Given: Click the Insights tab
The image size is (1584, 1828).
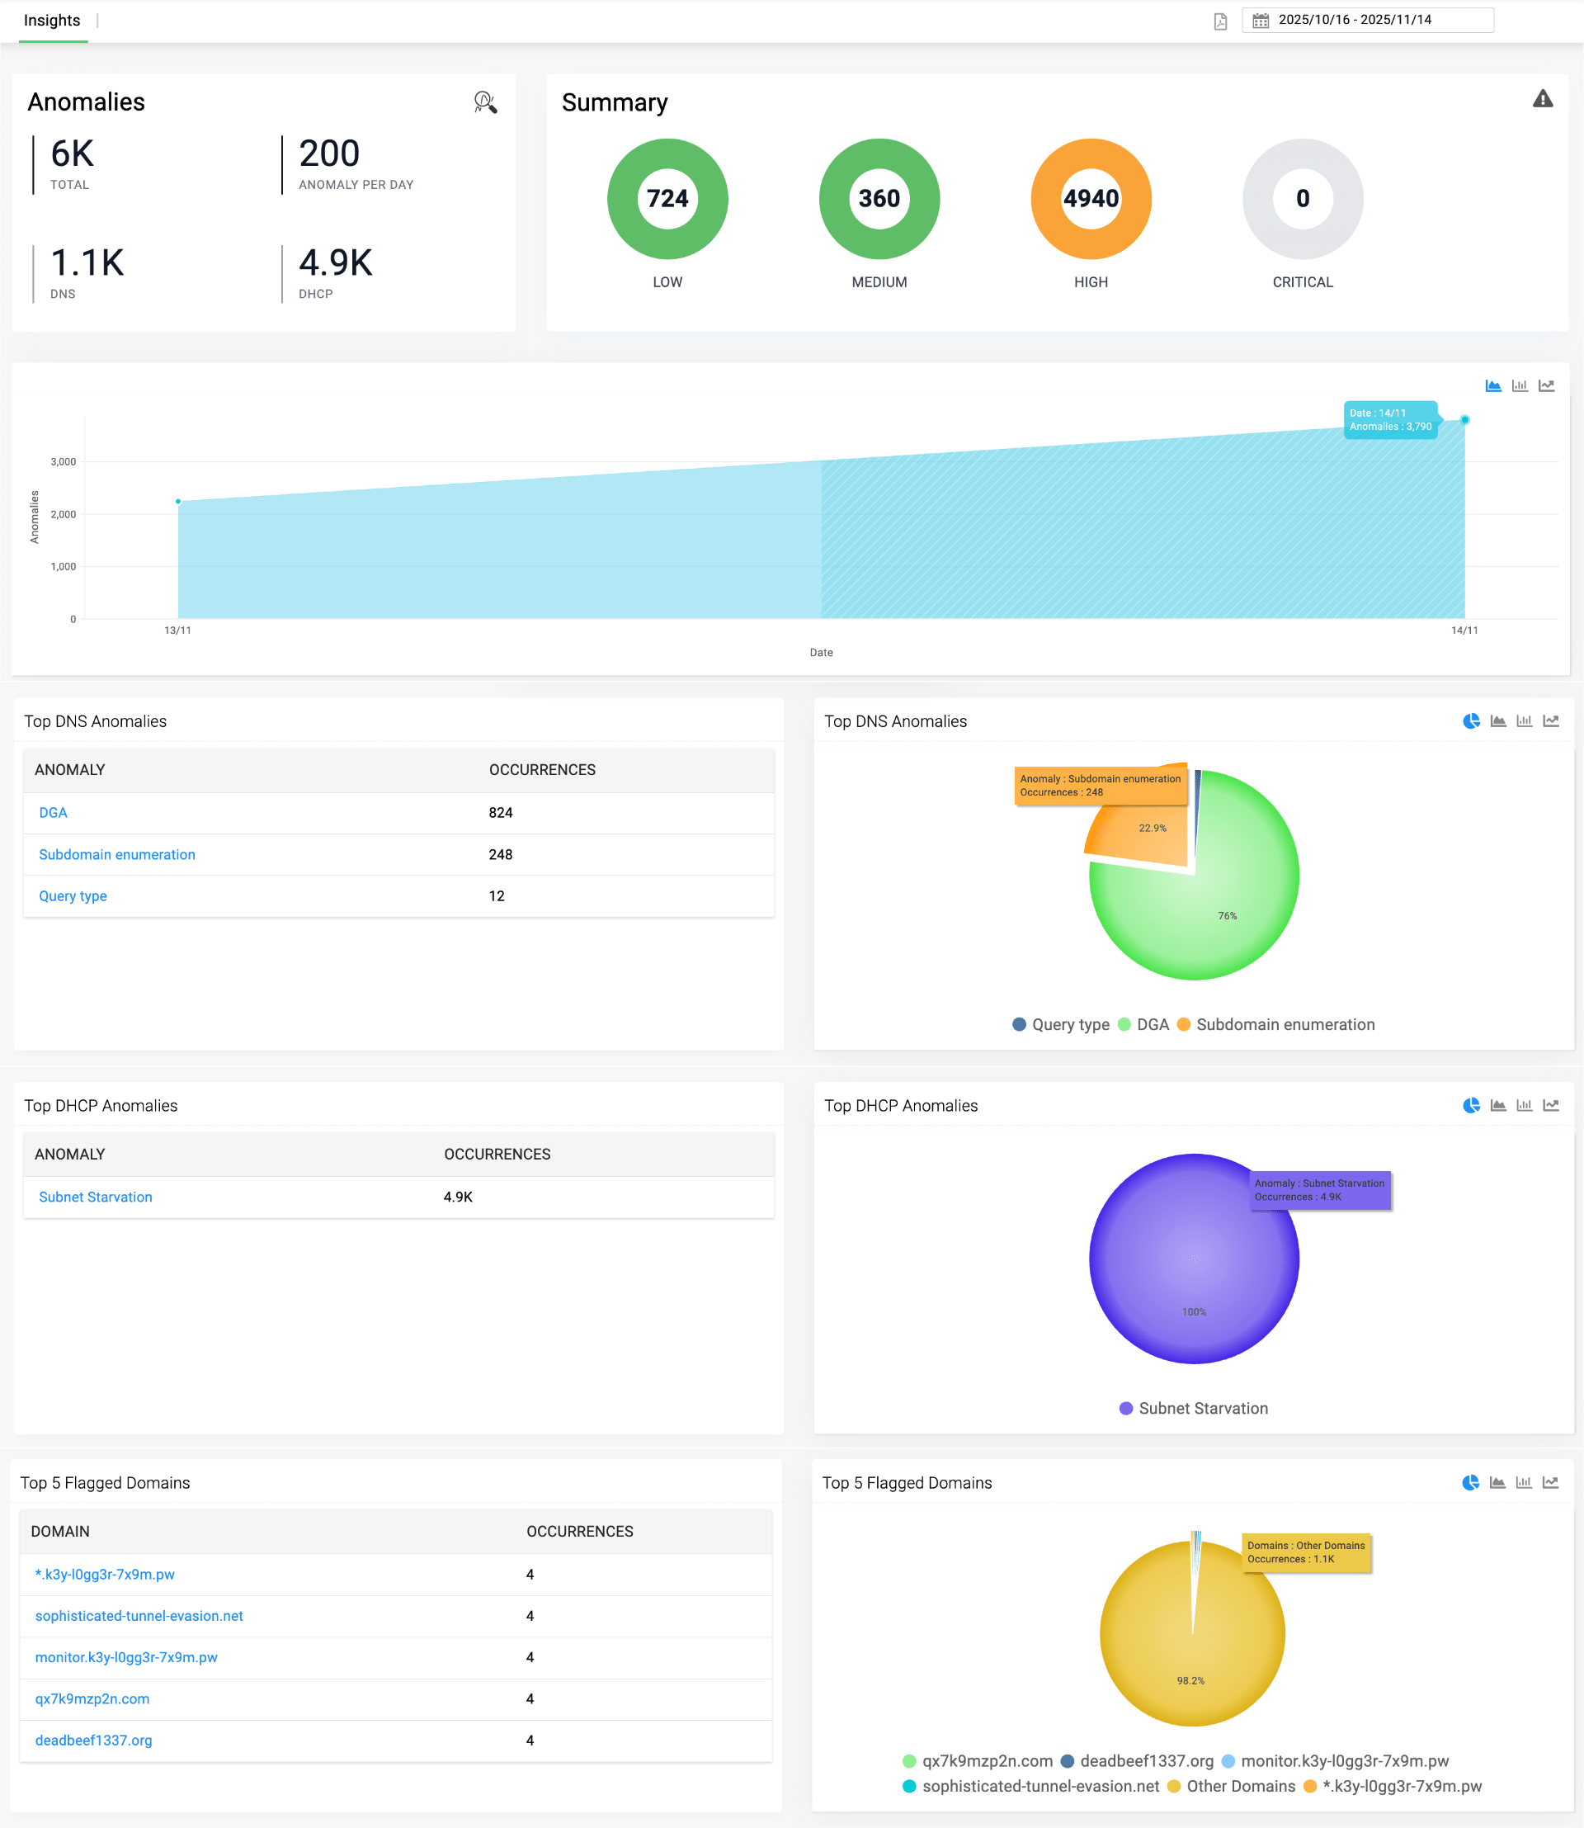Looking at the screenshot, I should tap(52, 21).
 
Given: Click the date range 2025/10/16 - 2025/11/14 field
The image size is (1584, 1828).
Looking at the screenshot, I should tap(1366, 21).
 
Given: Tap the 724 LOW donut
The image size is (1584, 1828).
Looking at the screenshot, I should tap(667, 199).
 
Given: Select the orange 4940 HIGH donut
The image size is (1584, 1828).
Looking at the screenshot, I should tap(1091, 199).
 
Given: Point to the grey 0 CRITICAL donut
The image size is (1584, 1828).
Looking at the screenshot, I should tap(1302, 199).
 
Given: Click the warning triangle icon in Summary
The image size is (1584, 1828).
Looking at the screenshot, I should tap(1543, 99).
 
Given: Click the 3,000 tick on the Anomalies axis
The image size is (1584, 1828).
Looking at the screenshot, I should tap(64, 461).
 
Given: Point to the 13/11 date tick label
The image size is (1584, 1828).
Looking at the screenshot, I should tap(177, 631).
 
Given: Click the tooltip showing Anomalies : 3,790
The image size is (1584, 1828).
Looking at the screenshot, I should tap(1389, 420).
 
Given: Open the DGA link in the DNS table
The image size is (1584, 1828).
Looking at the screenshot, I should tap(53, 813).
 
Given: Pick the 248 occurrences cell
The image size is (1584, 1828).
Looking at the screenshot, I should tap(500, 854).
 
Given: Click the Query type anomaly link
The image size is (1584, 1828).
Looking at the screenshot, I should tap(73, 896).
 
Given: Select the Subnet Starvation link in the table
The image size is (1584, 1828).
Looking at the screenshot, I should tap(96, 1197).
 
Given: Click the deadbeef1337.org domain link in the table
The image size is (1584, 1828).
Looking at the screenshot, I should tap(94, 1740).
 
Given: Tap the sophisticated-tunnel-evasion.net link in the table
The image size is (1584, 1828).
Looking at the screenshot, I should tap(139, 1616).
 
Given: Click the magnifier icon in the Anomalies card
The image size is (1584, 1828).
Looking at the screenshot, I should tap(485, 102).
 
